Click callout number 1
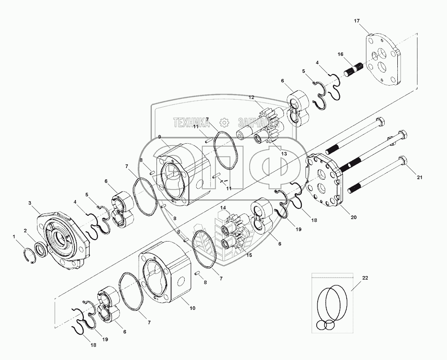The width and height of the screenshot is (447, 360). [14, 236]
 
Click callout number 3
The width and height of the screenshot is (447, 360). [30, 203]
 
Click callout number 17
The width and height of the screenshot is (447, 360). [357, 21]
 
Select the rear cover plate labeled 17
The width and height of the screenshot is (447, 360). [383, 59]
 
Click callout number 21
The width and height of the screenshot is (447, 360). [419, 177]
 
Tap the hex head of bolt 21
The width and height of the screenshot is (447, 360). [403, 161]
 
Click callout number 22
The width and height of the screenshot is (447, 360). [365, 278]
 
